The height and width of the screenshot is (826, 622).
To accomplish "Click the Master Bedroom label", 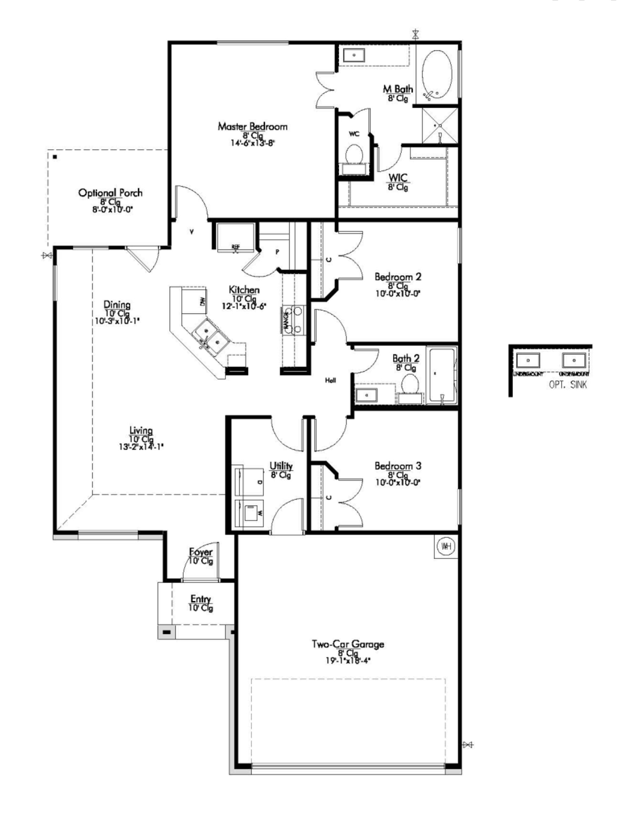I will coord(252,126).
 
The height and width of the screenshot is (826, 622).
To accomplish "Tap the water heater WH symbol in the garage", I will coord(446,546).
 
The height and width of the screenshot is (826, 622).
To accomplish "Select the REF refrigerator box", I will coord(235,237).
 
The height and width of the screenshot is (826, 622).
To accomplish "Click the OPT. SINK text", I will coord(568,384).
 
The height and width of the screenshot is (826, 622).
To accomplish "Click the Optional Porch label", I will coord(110,193).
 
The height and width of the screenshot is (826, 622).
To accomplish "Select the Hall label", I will coord(330,380).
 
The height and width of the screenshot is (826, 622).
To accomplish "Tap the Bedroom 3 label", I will coord(397,466).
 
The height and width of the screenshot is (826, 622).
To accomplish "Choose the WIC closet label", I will coord(398,178).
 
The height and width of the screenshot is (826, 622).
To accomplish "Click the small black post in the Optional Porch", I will coord(55,157).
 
